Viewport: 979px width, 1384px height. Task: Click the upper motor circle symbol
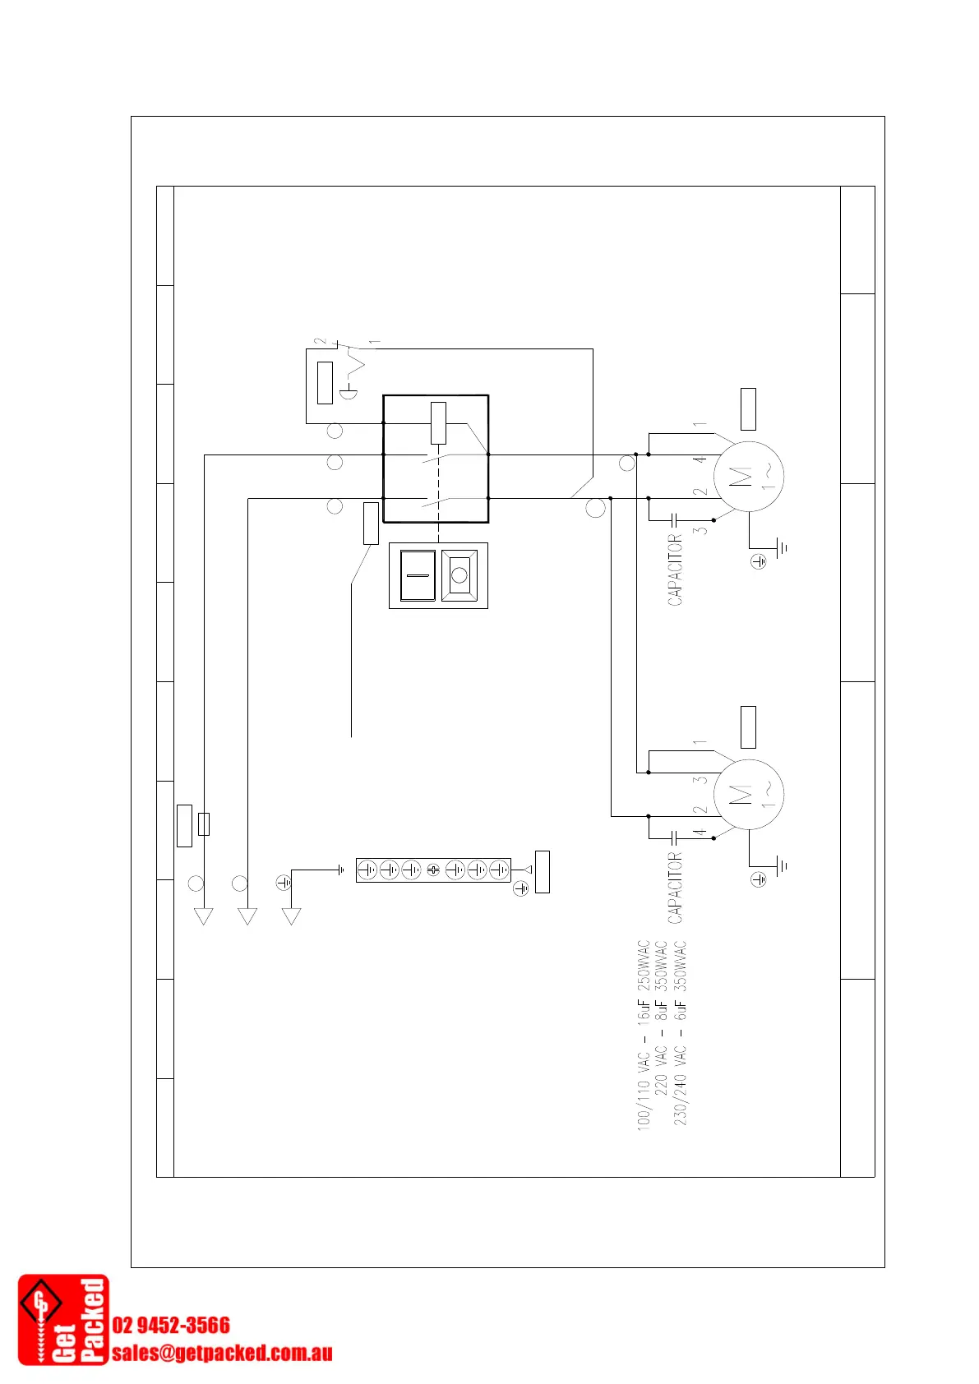pos(748,476)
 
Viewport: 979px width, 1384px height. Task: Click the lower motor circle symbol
pos(748,794)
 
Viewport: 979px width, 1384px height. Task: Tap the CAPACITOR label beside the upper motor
pos(675,570)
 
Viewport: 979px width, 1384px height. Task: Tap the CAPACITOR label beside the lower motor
pos(675,888)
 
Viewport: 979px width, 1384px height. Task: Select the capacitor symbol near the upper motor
pos(674,519)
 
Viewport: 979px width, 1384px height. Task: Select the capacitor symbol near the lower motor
pos(674,837)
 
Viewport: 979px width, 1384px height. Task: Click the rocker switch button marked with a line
pos(418,575)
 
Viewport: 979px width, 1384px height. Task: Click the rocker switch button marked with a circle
pos(459,575)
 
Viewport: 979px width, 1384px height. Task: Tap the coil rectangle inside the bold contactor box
pos(438,423)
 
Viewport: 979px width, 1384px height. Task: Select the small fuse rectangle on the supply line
pos(204,823)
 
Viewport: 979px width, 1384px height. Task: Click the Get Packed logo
pos(63,1320)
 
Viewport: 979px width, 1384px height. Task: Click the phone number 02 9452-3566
pos(171,1325)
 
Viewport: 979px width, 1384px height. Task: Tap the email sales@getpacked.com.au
pos(222,1353)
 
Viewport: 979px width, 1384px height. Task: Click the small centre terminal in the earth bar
pos(433,870)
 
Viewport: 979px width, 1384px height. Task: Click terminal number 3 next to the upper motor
pos(700,531)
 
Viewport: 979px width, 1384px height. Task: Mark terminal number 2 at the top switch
pos(319,341)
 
